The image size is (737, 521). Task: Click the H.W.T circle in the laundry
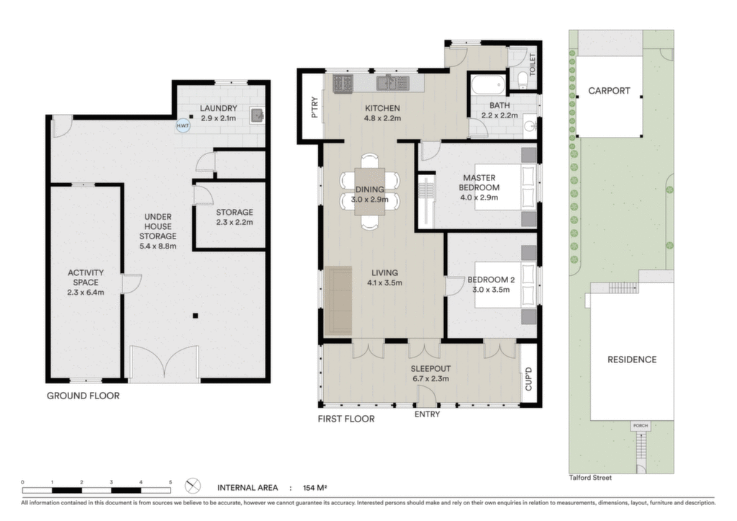183,125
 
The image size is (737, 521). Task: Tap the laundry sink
258,115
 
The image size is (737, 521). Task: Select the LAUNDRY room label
218,108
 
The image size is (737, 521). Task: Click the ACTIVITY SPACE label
86,277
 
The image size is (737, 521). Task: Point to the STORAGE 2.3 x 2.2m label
235,217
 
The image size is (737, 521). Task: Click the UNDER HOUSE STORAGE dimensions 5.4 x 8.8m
158,246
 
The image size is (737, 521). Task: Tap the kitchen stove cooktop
343,83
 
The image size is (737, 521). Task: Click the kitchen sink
392,82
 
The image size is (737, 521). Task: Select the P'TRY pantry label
315,107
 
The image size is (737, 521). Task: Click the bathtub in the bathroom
489,85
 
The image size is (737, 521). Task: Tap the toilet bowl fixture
521,79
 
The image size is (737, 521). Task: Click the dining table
369,192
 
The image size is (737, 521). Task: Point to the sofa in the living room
338,300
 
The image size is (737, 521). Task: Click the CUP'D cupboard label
528,379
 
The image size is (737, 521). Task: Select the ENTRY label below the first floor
427,414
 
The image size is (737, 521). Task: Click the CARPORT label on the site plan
609,91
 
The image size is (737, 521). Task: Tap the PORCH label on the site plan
640,425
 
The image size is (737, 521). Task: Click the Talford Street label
590,478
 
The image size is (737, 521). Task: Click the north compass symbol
193,486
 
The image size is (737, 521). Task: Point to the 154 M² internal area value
315,488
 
